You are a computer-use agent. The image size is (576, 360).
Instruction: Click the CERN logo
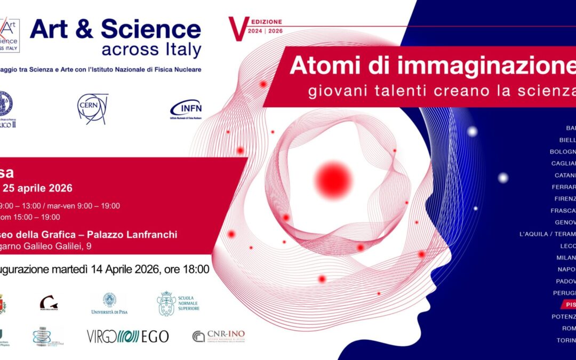coord(92,108)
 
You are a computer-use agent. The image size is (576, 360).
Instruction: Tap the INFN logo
coord(186,109)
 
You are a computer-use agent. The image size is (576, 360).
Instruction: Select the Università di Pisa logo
coord(110,303)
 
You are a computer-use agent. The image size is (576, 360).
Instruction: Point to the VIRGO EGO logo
coord(127,336)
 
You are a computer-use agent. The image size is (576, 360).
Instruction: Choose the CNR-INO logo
coord(219,336)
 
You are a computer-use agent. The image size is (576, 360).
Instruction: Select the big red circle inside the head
coord(333,179)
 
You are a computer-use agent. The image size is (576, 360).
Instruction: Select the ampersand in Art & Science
coord(85,30)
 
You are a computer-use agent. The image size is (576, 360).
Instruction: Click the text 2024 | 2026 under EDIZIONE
coord(265,31)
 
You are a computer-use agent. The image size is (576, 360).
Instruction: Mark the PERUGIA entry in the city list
coord(564,293)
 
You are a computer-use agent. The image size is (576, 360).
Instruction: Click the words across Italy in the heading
coord(151,50)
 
